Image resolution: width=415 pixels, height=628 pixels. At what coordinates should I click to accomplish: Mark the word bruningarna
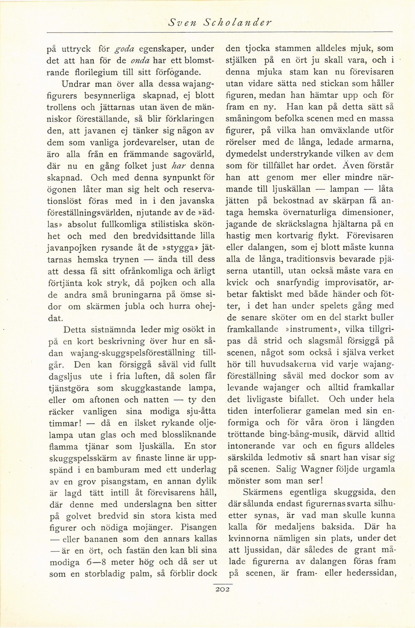116,295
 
